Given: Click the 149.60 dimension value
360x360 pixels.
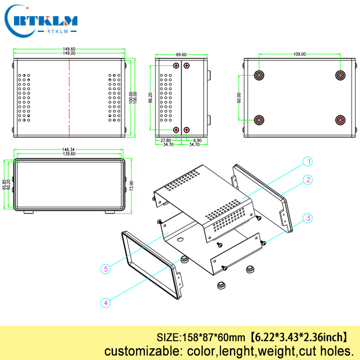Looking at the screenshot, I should click(x=68, y=49).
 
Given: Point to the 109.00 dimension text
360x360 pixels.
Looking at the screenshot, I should click(x=299, y=54).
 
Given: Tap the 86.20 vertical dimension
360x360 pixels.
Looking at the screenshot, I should click(x=150, y=98).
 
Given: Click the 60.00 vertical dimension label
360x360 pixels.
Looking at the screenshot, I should click(x=239, y=98).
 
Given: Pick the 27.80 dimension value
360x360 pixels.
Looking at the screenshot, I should click(x=166, y=140).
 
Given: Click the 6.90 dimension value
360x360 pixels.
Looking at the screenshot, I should click(x=197, y=140).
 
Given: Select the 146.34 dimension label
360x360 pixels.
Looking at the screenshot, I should click(x=68, y=150).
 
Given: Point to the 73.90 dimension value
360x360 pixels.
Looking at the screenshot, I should click(x=131, y=185).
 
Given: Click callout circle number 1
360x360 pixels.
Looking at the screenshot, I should click(x=308, y=161).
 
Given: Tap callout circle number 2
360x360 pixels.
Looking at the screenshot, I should click(x=308, y=180).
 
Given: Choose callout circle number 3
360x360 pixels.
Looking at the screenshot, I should click(x=308, y=219).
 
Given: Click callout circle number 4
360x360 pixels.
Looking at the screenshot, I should click(x=106, y=303).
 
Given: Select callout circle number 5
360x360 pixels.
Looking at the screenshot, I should click(x=106, y=269).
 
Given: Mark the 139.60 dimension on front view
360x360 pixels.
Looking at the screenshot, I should click(x=68, y=154).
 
